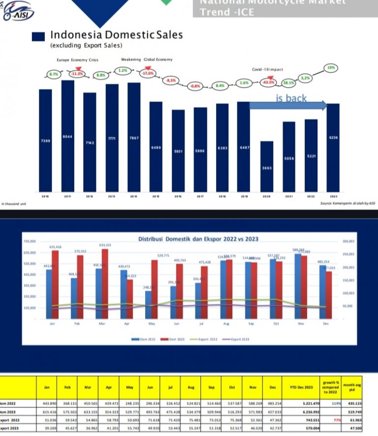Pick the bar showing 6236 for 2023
(x=333, y=148)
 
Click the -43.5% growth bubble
(x=268, y=82)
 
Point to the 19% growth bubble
(x=330, y=67)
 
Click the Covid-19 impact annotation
(x=268, y=69)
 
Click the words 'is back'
(x=291, y=98)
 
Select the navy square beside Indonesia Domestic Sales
(x=39, y=36)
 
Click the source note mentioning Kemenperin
(x=347, y=203)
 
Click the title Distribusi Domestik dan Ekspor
(x=198, y=239)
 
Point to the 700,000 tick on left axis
(x=30, y=242)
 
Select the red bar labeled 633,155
(x=104, y=284)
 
